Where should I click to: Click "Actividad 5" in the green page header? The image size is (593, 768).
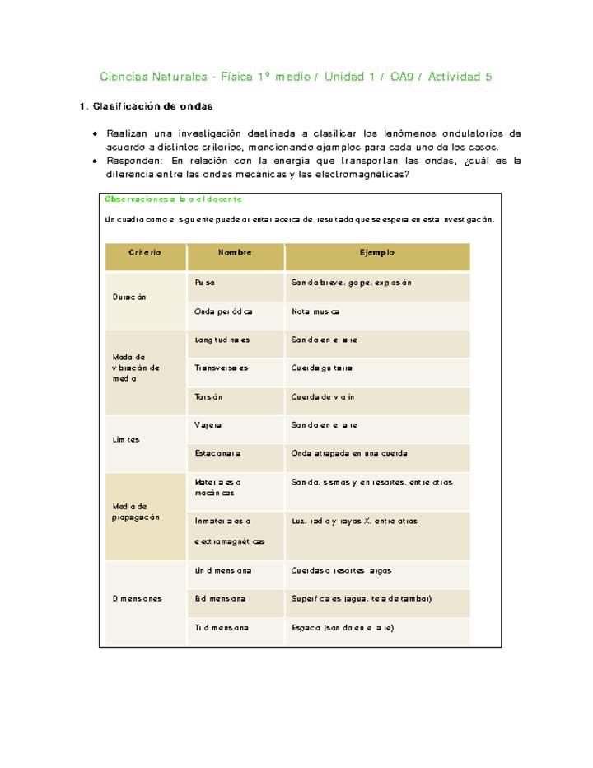tap(455, 77)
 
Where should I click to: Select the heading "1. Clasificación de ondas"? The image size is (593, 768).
tap(147, 107)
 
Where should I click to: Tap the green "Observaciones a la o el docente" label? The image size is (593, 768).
tap(173, 199)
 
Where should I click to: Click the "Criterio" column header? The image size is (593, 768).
tap(145, 253)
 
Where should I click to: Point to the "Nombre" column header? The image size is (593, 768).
tap(235, 253)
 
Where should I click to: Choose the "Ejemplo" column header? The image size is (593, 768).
tap(376, 253)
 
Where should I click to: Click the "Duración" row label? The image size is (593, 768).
tap(129, 297)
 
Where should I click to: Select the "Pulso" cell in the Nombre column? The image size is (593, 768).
tap(205, 283)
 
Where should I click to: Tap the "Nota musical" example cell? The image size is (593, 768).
tap(315, 312)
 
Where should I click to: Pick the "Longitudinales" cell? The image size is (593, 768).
tap(222, 340)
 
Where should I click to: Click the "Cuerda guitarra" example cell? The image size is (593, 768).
tap(321, 368)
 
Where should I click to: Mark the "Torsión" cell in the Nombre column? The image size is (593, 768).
tap(209, 397)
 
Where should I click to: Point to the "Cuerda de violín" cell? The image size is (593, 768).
tap(323, 397)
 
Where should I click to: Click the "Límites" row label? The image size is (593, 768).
tap(126, 440)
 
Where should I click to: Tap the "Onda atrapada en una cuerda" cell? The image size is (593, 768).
tap(349, 454)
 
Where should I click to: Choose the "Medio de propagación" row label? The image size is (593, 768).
tap(136, 512)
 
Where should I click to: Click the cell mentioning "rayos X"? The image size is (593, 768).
tap(354, 522)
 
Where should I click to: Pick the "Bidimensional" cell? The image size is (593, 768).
tap(220, 599)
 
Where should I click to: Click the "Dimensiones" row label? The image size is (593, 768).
tap(137, 599)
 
